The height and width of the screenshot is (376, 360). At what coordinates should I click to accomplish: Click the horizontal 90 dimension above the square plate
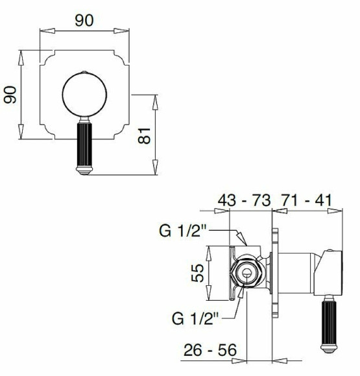point(82,20)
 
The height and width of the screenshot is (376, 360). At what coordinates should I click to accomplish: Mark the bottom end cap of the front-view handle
point(86,171)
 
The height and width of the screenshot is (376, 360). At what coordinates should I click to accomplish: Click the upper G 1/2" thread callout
point(183,229)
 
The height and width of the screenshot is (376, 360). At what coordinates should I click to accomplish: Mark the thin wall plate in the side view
point(277,272)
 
